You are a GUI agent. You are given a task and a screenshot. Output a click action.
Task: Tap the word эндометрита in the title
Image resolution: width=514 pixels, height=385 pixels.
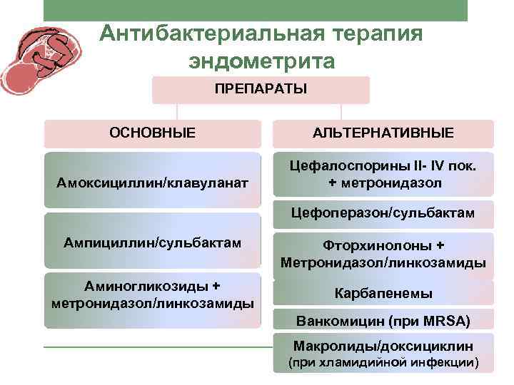pos(261,62)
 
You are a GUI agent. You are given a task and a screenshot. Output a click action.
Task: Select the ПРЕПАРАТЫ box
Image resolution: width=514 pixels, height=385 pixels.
pos(261,91)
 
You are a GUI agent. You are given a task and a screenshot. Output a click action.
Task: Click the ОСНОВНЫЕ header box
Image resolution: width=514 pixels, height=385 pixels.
pos(152,133)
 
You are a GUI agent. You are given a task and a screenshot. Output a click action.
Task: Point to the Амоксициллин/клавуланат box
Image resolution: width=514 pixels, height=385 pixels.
pos(152,183)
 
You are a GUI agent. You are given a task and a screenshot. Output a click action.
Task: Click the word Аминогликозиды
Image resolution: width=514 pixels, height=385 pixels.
pos(147,286)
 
